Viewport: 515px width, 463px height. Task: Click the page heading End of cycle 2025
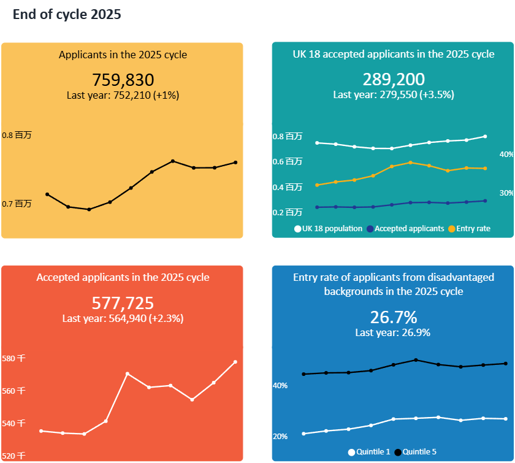tap(67, 15)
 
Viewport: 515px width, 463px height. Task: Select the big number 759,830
tap(123, 80)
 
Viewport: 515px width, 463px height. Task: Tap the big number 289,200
tap(394, 79)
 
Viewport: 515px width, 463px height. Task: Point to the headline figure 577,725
tap(123, 303)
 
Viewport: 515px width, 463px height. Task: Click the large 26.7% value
tap(394, 317)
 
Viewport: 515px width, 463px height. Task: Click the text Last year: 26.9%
tap(393, 332)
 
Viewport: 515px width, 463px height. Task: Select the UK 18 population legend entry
tap(329, 229)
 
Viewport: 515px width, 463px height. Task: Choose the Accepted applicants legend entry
tap(406, 229)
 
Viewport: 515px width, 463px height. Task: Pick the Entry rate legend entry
tap(470, 229)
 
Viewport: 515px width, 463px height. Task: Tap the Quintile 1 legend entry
tap(369, 452)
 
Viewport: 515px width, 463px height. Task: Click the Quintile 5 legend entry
tap(416, 452)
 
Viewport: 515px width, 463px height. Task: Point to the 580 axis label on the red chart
tap(13, 358)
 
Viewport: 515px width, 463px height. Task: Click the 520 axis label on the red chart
tap(13, 456)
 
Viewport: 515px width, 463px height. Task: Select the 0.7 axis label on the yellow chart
tap(17, 204)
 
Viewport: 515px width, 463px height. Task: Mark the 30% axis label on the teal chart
tap(506, 193)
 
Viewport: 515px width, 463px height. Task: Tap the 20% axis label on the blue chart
tap(280, 437)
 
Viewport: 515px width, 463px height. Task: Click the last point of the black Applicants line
tap(235, 163)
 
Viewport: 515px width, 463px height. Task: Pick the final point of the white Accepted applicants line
tap(235, 362)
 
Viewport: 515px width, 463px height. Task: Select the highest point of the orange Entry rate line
tap(411, 163)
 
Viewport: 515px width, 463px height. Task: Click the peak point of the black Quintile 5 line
tap(416, 360)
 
